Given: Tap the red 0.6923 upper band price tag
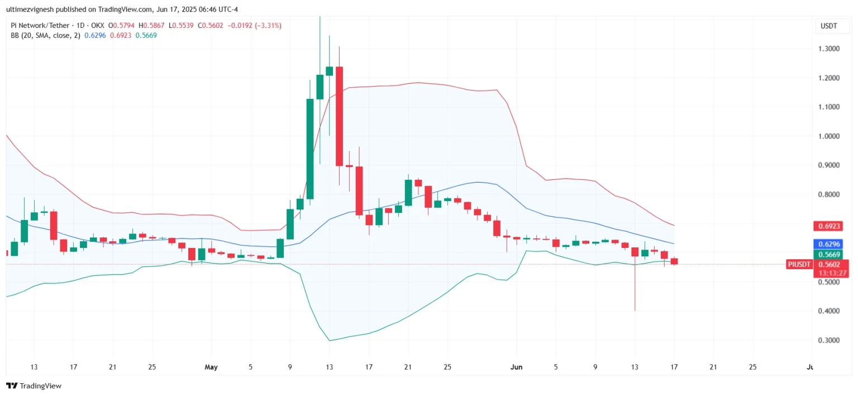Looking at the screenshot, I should (829, 226).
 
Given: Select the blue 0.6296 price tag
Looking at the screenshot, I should (829, 244).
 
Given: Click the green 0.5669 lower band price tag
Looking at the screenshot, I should (829, 255).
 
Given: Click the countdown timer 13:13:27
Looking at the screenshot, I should (829, 273).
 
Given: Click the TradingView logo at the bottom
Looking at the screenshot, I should (34, 386).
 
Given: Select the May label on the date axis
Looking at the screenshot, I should (211, 367).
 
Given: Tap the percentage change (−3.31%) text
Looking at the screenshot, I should (268, 26).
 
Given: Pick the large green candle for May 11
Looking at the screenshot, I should (309, 149).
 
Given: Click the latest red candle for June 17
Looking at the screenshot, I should (674, 261).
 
